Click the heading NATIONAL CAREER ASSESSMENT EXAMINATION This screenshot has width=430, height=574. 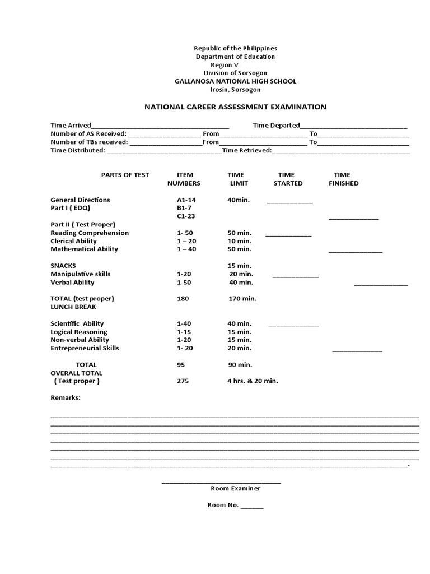(x=235, y=107)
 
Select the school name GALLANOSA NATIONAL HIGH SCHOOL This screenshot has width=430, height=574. (x=235, y=81)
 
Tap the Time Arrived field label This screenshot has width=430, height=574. (x=71, y=126)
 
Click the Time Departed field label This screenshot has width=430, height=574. (x=276, y=126)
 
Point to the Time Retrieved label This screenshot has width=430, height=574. (x=247, y=150)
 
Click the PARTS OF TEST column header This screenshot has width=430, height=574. (x=125, y=175)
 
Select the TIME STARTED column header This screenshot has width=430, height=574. (x=287, y=179)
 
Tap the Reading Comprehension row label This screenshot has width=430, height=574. (x=90, y=233)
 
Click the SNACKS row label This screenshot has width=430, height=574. (x=63, y=266)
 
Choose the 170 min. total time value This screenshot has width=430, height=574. (x=242, y=299)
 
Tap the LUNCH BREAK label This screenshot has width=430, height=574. (x=73, y=307)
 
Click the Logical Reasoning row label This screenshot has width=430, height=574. (x=80, y=332)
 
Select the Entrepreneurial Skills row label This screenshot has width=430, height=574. (x=85, y=348)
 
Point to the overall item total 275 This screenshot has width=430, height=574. (x=183, y=381)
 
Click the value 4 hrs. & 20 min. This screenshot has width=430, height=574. (x=253, y=381)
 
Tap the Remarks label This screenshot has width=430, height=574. (x=66, y=397)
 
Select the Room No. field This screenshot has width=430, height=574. (x=235, y=505)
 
